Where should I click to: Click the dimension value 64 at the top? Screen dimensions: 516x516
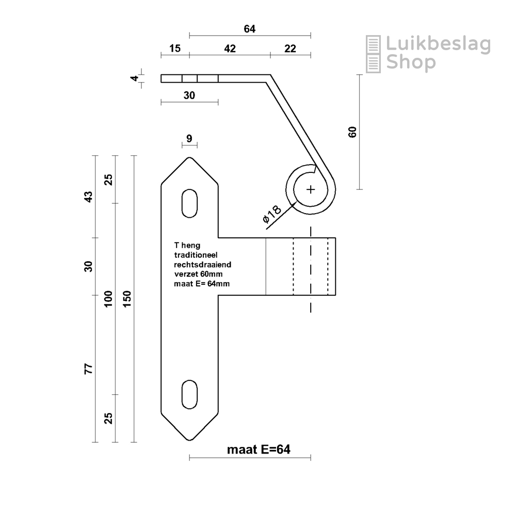(x=250, y=29)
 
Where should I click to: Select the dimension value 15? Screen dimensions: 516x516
(x=175, y=49)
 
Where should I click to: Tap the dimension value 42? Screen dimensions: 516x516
(x=230, y=49)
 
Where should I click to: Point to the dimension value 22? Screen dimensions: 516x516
(x=290, y=49)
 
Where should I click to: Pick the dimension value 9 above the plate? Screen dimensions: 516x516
(x=189, y=138)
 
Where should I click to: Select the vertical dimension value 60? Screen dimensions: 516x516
(x=353, y=132)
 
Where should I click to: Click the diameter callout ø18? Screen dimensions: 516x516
(x=272, y=214)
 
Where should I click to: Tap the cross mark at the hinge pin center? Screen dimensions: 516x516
(x=311, y=190)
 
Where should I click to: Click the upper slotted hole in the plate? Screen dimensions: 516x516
(x=189, y=203)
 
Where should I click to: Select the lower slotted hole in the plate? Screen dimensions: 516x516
(x=189, y=395)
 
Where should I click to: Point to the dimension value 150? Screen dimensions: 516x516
(x=127, y=299)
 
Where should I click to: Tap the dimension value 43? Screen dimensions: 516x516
(x=89, y=197)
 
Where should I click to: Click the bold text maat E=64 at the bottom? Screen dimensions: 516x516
(x=259, y=449)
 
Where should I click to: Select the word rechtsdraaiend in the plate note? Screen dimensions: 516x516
(x=202, y=265)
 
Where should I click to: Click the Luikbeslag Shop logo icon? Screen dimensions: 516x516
(x=374, y=54)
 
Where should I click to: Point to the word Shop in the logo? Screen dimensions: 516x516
(x=411, y=62)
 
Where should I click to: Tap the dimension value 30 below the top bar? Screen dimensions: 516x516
(x=189, y=95)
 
